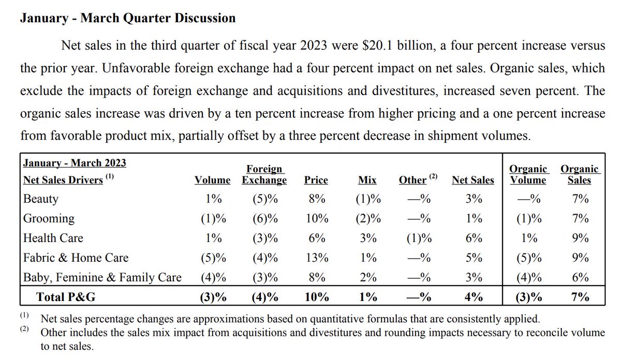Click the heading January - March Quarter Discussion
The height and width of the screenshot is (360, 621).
(x=127, y=19)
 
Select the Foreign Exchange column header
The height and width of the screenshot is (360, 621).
(x=264, y=174)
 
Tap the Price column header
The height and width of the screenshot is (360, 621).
(x=316, y=180)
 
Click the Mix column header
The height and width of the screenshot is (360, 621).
(x=367, y=180)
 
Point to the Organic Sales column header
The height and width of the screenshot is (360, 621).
(x=579, y=174)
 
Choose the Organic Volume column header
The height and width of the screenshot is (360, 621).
(x=528, y=174)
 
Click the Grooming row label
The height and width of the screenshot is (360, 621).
(x=49, y=219)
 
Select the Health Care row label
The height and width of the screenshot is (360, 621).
(x=53, y=238)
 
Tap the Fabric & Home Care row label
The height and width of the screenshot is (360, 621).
(x=76, y=258)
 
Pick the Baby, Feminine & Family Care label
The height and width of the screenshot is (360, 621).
(x=102, y=277)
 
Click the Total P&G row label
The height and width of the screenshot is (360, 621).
(x=66, y=297)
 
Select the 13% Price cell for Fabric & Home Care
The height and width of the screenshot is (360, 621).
(x=316, y=258)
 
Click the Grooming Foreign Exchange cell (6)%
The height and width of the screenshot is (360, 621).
(x=264, y=219)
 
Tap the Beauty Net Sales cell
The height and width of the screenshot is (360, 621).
(x=474, y=199)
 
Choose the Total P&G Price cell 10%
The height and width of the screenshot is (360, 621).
(x=316, y=297)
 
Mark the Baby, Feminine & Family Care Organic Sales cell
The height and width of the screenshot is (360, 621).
(x=580, y=277)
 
